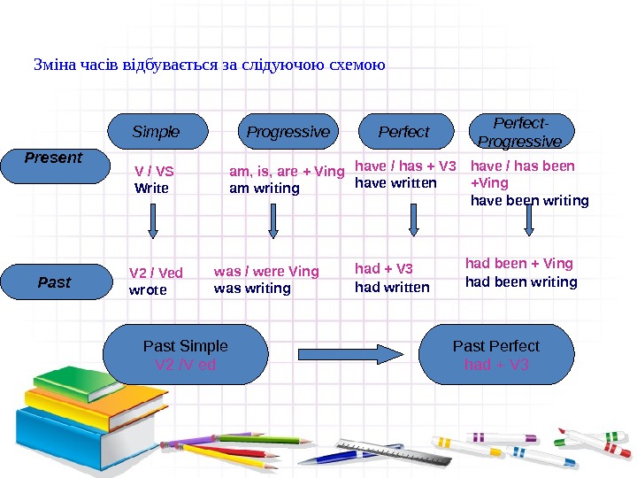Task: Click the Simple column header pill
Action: tap(157, 132)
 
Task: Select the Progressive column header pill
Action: tap(288, 132)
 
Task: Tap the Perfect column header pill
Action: tap(403, 132)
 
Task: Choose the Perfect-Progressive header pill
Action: tap(519, 133)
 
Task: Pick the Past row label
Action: tap(55, 282)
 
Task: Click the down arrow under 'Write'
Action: tap(153, 221)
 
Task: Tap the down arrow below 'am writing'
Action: tap(272, 221)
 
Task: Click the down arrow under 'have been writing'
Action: tap(529, 221)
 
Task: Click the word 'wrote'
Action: tap(148, 289)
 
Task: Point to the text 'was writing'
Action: tap(252, 288)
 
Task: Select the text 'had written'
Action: tap(392, 287)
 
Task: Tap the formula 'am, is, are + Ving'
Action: tap(287, 172)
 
